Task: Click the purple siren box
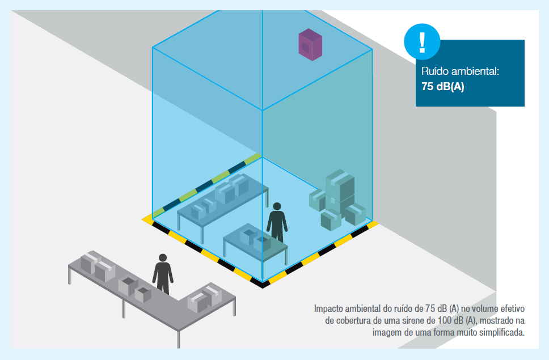click(310, 44)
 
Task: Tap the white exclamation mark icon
click(423, 42)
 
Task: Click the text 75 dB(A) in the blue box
click(442, 86)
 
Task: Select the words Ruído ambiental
click(460, 71)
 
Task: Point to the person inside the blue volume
click(277, 222)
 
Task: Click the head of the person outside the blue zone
click(162, 258)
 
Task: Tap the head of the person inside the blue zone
click(277, 206)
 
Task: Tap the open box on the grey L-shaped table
click(128, 286)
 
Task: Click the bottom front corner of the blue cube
click(263, 282)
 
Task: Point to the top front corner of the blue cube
click(263, 110)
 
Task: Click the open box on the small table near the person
click(249, 236)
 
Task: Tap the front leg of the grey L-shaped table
click(178, 338)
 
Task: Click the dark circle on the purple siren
click(306, 47)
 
